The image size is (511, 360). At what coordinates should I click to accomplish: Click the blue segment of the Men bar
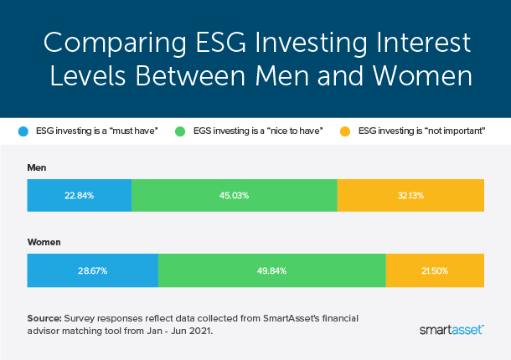pyautogui.click(x=80, y=194)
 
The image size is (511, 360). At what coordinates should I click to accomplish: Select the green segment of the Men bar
pyautogui.click(x=235, y=194)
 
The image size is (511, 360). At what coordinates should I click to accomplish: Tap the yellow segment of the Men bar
pyautogui.click(x=410, y=194)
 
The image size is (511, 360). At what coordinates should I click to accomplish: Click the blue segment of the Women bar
pyautogui.click(x=92, y=270)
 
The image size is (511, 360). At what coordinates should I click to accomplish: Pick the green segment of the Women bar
pyautogui.click(x=271, y=270)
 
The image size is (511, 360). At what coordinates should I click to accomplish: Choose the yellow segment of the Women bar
pyautogui.click(x=435, y=270)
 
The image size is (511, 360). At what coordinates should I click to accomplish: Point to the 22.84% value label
pyautogui.click(x=80, y=194)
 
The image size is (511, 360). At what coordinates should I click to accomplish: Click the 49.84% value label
pyautogui.click(x=271, y=270)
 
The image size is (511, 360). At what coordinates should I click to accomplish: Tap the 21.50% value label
pyautogui.click(x=435, y=270)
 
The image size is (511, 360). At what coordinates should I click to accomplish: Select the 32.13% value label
pyautogui.click(x=410, y=194)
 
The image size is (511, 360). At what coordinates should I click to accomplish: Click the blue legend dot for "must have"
pyautogui.click(x=23, y=131)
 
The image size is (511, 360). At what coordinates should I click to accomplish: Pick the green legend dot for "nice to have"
pyautogui.click(x=178, y=131)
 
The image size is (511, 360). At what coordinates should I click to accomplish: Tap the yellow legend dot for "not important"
pyautogui.click(x=345, y=131)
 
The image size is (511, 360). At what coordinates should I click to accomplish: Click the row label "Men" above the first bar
pyautogui.click(x=37, y=167)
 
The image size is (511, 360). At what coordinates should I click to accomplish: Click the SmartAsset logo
pyautogui.click(x=451, y=330)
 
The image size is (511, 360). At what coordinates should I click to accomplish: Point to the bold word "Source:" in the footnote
pyautogui.click(x=44, y=317)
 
